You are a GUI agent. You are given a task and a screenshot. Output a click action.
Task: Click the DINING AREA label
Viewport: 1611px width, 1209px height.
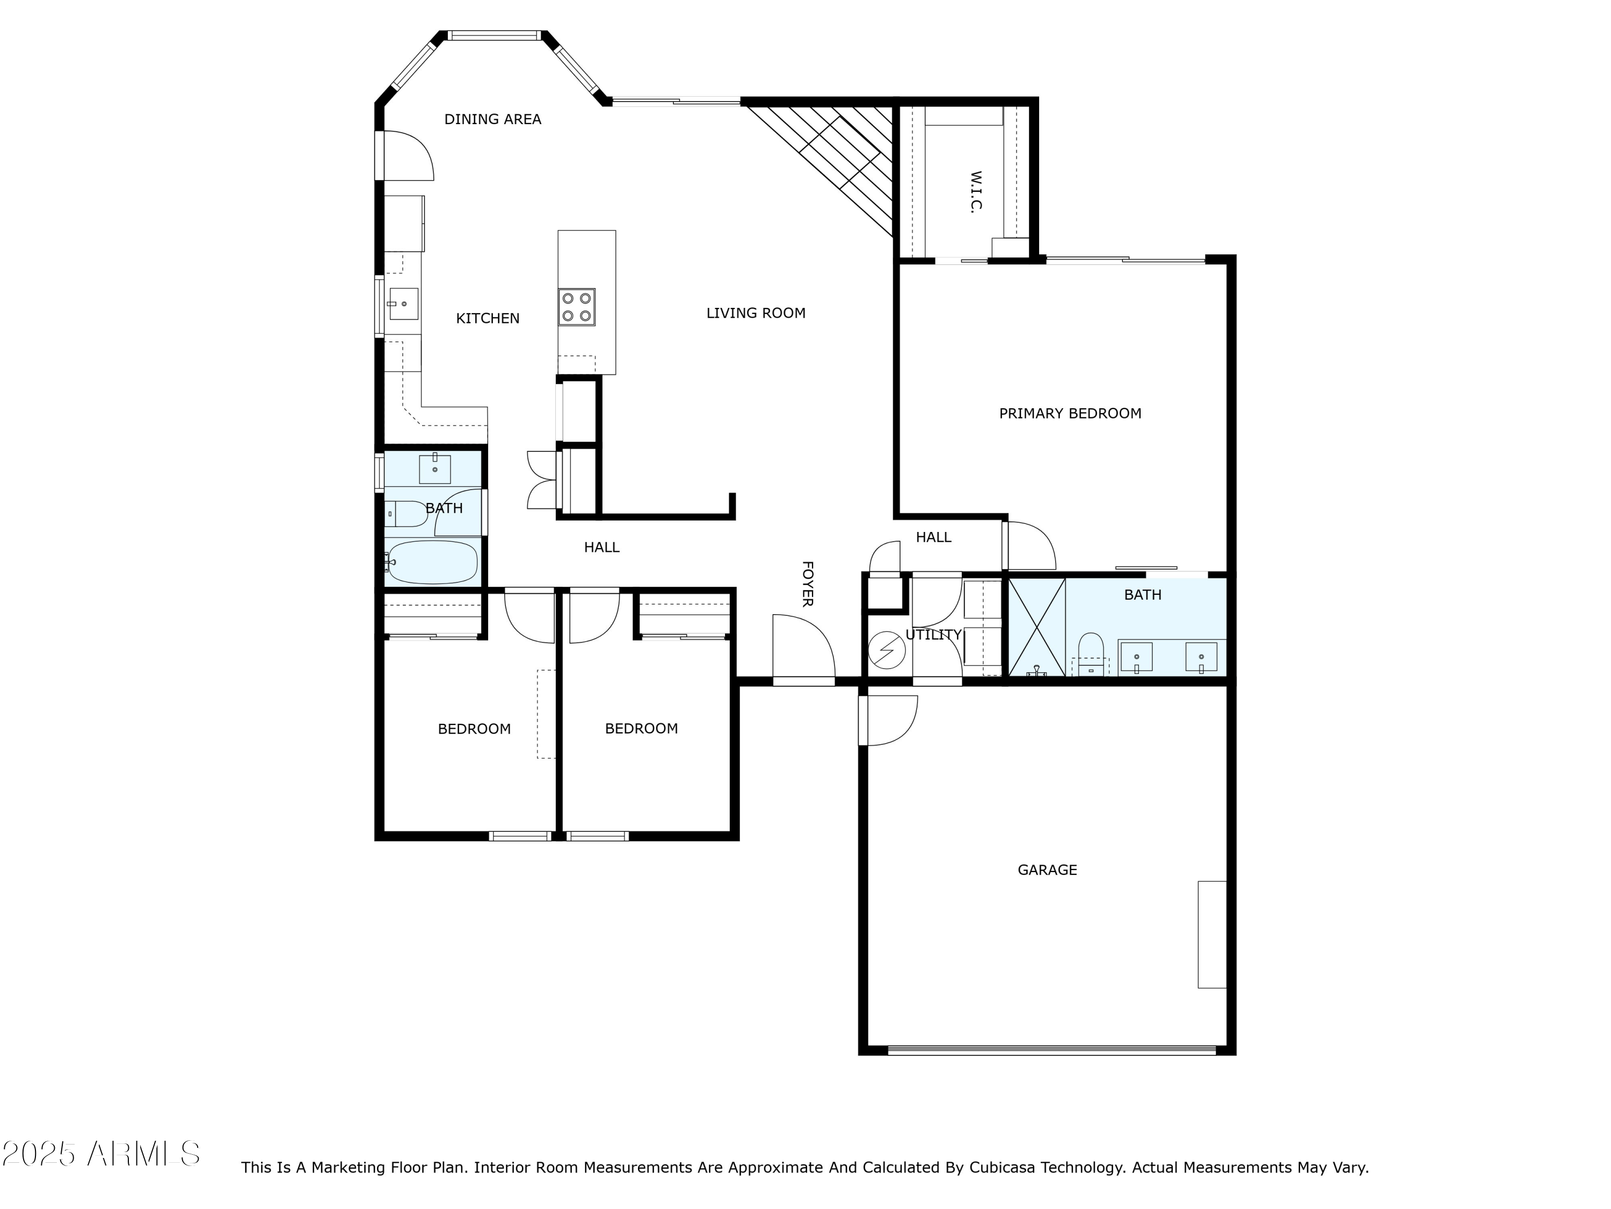pyautogui.click(x=492, y=119)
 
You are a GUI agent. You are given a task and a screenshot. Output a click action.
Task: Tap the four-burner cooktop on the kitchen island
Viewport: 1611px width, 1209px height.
pyautogui.click(x=577, y=307)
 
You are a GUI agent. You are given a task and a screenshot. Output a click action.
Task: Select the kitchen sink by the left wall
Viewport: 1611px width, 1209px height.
pyautogui.click(x=403, y=304)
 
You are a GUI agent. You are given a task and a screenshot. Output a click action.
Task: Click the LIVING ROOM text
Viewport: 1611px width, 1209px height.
pyautogui.click(x=756, y=313)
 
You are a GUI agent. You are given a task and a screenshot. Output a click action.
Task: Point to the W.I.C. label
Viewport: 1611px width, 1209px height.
pyautogui.click(x=977, y=192)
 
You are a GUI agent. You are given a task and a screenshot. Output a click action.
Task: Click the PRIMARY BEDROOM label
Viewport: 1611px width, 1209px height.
pyautogui.click(x=1070, y=414)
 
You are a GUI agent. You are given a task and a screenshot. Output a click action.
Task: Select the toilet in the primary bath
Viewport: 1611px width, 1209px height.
pyautogui.click(x=1091, y=654)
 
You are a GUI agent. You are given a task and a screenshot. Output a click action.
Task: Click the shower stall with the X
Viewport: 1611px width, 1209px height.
pyautogui.click(x=1037, y=627)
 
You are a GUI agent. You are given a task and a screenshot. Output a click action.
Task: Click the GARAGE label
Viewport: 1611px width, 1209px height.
pyautogui.click(x=1047, y=870)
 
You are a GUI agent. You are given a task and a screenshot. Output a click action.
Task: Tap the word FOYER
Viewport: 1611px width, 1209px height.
pyautogui.click(x=808, y=584)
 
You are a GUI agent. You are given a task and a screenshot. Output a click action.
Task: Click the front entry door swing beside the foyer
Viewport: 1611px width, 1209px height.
pyautogui.click(x=803, y=646)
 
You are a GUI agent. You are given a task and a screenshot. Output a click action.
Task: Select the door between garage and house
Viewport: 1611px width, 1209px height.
pyautogui.click(x=888, y=721)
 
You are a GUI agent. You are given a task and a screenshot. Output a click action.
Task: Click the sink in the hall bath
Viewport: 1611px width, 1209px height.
pyautogui.click(x=435, y=469)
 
